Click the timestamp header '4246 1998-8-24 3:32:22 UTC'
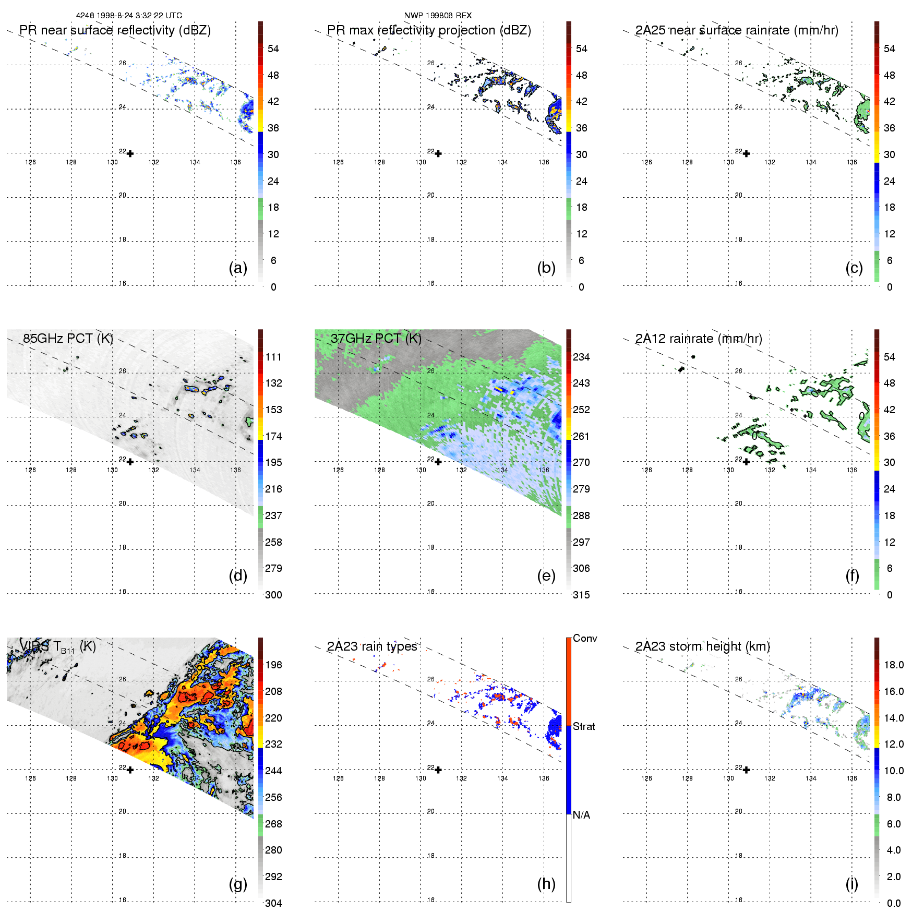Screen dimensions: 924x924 [129, 16]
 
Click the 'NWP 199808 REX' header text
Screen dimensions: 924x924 [438, 16]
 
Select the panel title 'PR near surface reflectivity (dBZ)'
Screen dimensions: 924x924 [115, 30]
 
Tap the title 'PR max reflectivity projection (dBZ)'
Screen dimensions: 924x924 [429, 30]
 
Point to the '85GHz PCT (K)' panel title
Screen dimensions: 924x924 [68, 338]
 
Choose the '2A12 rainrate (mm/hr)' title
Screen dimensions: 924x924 [698, 339]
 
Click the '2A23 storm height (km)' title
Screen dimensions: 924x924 [702, 646]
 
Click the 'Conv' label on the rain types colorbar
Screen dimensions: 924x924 [584, 638]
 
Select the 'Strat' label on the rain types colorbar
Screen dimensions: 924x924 [584, 726]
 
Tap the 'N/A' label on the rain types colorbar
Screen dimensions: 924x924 [581, 815]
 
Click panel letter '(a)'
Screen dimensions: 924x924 [238, 268]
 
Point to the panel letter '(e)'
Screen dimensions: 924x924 [546, 575]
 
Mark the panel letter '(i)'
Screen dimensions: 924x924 [851, 884]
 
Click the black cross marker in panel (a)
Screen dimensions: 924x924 [130, 154]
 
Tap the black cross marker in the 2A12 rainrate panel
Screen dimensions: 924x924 [746, 462]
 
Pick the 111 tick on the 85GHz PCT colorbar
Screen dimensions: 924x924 [273, 357]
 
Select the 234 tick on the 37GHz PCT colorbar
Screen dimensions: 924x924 [581, 357]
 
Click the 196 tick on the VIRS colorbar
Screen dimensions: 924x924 [273, 665]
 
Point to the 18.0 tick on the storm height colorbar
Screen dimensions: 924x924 [893, 665]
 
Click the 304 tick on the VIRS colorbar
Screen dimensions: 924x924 [273, 903]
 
